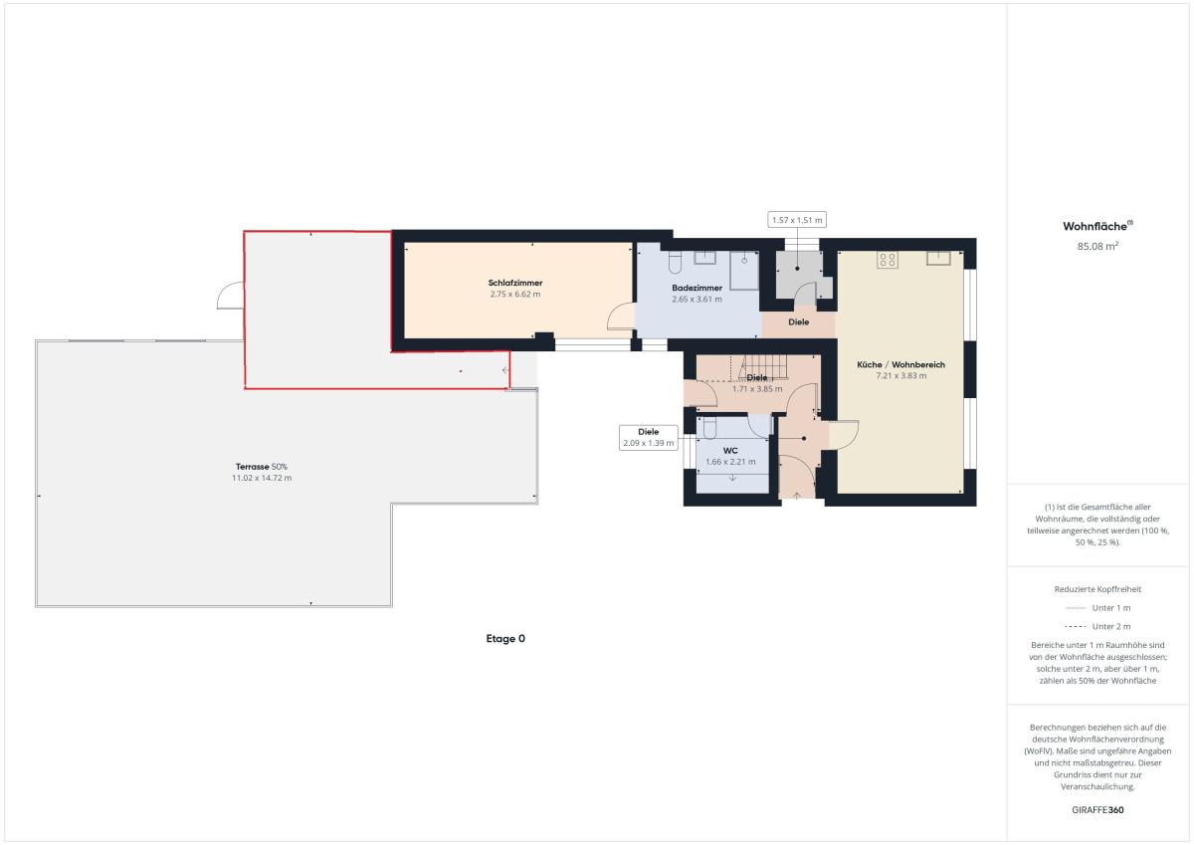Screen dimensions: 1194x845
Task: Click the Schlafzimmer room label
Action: pos(515,283)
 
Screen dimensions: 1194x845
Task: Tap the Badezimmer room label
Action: pos(696,288)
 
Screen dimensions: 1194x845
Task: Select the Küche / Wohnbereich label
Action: pos(900,364)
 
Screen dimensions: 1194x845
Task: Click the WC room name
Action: pos(730,451)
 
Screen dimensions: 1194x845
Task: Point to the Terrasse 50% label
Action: pos(261,467)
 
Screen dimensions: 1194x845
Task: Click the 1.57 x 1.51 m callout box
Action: pos(797,220)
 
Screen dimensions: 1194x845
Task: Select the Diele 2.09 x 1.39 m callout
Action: pos(648,437)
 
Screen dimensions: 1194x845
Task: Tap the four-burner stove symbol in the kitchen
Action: pos(888,260)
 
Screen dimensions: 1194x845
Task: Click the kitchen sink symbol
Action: pos(938,258)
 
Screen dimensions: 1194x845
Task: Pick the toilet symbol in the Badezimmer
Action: pos(675,263)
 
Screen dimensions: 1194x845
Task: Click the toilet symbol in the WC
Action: pos(709,428)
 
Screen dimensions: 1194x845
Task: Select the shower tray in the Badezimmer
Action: pos(744,271)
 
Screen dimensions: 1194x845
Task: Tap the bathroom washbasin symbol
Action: pos(704,258)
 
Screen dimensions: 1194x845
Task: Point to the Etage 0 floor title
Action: pos(505,639)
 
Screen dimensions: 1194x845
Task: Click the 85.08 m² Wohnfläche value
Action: pos(1097,246)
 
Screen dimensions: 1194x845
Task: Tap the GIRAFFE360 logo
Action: pos(1097,810)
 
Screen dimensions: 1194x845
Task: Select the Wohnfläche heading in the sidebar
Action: pos(1097,226)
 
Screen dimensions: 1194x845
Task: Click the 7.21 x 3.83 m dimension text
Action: pos(900,376)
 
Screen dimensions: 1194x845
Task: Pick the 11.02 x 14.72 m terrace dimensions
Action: pos(261,478)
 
